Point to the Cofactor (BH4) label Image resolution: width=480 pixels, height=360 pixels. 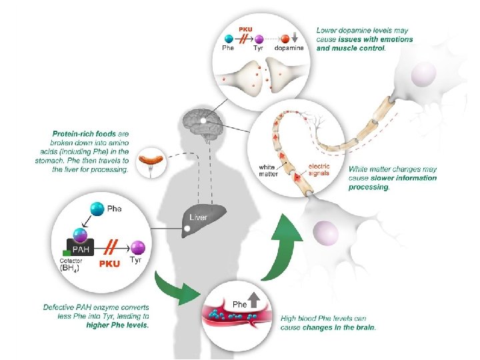[71, 265]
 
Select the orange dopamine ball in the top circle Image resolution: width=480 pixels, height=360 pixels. [285, 39]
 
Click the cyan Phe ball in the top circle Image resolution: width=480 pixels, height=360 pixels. [229, 39]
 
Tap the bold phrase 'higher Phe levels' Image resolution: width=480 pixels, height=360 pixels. [117, 325]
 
